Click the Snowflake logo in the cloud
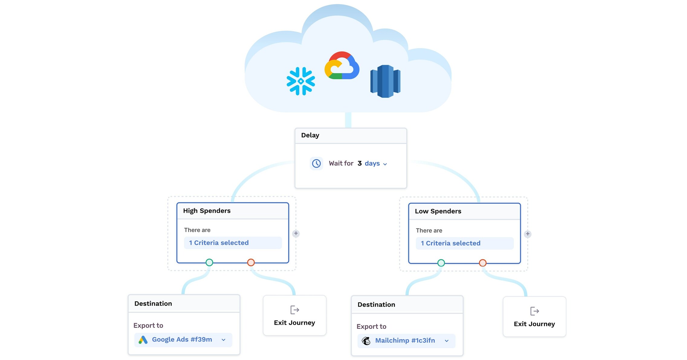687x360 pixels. coord(301,81)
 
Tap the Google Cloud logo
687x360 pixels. coord(342,66)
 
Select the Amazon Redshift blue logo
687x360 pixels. coord(385,81)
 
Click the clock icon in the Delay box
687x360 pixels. coord(316,164)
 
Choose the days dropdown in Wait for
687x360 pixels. coord(376,164)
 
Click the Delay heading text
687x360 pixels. coord(310,135)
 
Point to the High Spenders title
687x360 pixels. coord(207,211)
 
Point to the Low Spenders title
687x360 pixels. coord(438,211)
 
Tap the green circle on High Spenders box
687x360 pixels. coord(209,262)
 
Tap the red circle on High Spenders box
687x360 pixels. coord(251,262)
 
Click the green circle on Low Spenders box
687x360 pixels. coord(441,263)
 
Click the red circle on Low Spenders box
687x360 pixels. coord(483,263)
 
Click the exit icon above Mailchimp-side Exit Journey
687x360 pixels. coord(534,311)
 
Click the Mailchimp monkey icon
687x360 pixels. coord(366,341)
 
